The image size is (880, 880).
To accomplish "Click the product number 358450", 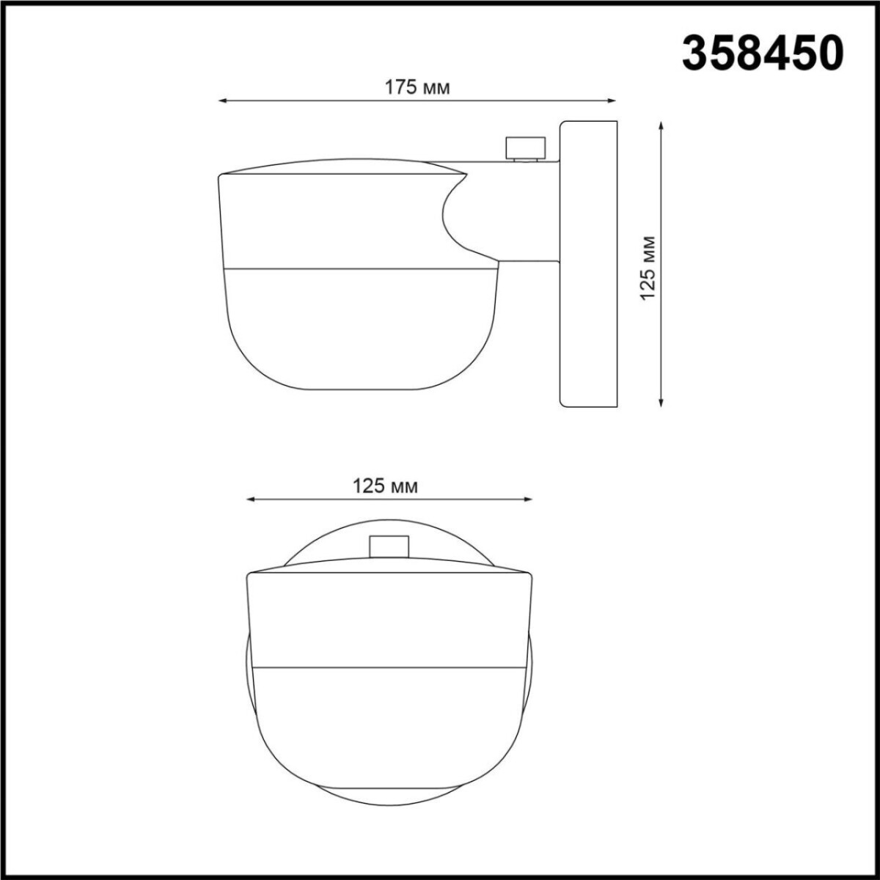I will tap(763, 53).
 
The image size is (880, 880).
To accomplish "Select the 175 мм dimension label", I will tap(417, 87).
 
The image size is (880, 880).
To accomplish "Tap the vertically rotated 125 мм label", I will tap(648, 268).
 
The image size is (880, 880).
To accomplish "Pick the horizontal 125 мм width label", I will tap(386, 485).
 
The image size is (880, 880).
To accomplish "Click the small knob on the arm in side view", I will tap(526, 148).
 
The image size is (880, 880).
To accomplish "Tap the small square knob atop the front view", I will tap(389, 547).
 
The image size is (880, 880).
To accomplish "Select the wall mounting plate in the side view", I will tap(588, 264).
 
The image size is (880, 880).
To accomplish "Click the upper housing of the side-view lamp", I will tap(330, 220).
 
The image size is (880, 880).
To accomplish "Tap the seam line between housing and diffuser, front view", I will tap(389, 667).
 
